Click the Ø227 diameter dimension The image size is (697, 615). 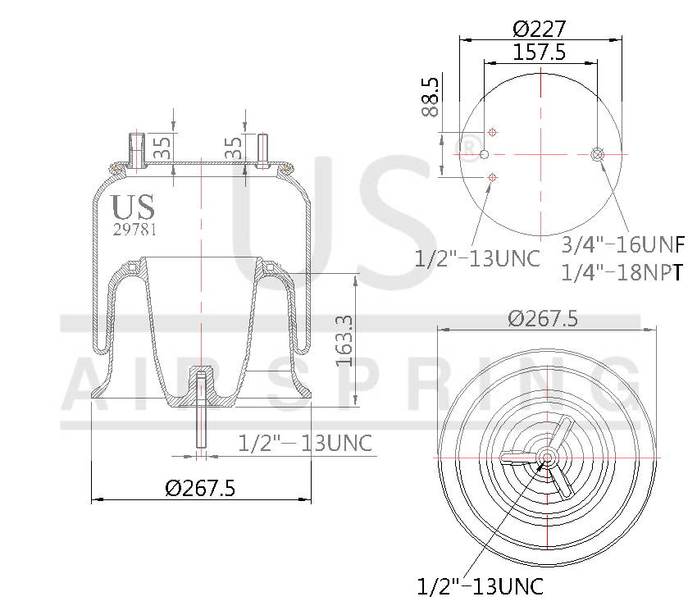(540, 29)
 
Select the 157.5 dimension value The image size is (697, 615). (540, 52)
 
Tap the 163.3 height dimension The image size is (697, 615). (344, 340)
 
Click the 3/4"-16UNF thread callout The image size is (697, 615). (622, 244)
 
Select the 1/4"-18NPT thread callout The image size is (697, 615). (622, 272)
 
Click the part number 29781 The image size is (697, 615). (134, 230)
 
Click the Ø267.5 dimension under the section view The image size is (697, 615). (200, 489)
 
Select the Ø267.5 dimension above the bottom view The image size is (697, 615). (542, 318)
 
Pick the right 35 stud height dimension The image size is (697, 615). (233, 148)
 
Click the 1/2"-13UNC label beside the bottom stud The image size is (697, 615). (305, 444)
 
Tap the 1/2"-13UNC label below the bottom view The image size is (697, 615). (480, 587)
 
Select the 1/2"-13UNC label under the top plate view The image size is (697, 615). (478, 258)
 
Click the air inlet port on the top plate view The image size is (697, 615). (597, 154)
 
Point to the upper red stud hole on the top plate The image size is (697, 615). (492, 132)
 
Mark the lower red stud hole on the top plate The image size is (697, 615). (492, 176)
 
